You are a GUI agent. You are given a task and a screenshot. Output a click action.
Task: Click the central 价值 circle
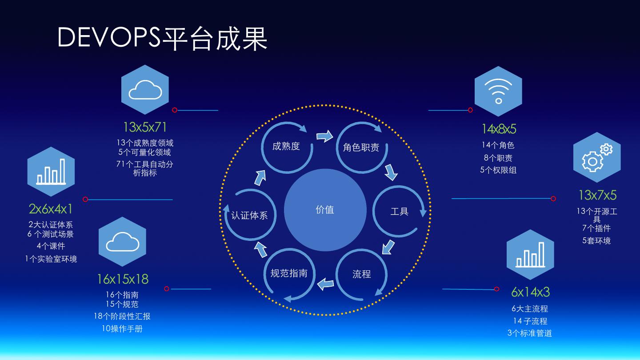325,210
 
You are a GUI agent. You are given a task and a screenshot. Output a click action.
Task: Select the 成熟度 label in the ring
286,146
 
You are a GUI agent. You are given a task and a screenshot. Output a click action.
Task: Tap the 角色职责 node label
361,148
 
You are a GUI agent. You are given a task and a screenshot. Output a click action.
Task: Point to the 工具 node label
399,212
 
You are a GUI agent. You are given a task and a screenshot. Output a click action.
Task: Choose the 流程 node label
361,274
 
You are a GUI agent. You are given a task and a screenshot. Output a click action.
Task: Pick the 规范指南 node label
289,273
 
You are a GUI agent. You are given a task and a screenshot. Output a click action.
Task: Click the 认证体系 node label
249,216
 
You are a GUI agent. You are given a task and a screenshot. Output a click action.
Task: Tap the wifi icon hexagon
498,91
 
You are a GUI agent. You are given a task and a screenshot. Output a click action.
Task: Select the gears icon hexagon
596,157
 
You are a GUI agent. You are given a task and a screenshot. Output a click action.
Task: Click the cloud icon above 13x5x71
145,90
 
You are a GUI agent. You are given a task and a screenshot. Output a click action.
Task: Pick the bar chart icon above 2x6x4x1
51,172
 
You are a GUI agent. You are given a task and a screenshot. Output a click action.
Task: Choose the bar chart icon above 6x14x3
530,254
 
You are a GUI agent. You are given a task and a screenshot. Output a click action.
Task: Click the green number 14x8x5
499,129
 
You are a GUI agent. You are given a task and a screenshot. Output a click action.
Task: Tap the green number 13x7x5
597,195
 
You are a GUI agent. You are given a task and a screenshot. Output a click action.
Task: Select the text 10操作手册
122,329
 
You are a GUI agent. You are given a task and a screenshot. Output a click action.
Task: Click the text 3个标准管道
530,333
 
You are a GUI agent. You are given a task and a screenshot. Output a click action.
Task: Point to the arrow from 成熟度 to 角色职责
325,135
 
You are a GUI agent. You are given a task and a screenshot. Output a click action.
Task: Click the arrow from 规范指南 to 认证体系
260,250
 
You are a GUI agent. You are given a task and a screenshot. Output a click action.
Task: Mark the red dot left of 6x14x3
496,289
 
